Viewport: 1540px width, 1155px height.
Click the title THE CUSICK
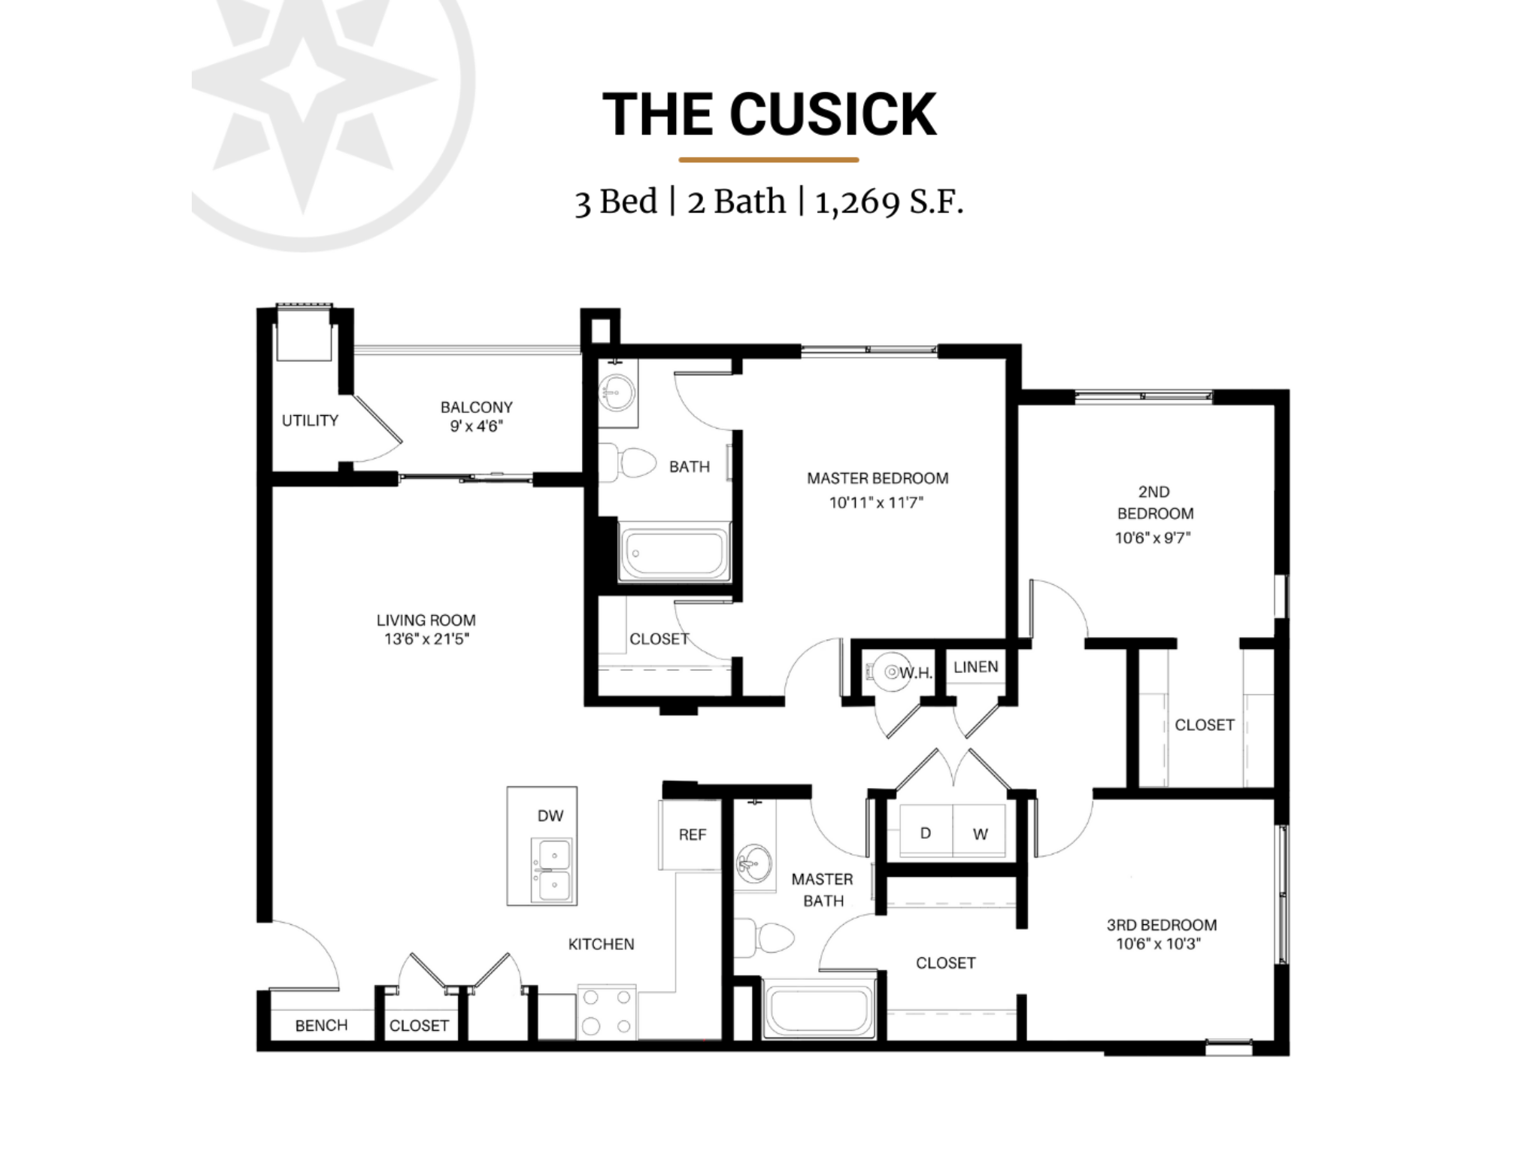[769, 114]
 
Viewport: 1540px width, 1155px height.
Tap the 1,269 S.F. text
[889, 202]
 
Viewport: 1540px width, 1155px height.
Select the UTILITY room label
[310, 420]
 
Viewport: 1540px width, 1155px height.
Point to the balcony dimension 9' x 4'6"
[476, 426]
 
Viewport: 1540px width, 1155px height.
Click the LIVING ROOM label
[426, 620]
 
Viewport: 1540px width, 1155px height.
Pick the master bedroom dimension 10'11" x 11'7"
[876, 502]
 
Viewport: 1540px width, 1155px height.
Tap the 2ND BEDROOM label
[1154, 502]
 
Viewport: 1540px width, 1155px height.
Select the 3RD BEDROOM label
[1161, 925]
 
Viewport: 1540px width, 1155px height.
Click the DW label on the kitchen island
[550, 816]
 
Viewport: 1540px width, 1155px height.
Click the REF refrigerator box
[690, 835]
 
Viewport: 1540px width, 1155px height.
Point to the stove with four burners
[606, 1012]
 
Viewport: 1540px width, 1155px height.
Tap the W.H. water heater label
[915, 673]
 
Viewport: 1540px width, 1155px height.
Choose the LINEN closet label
[975, 667]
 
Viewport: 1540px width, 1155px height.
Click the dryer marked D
[925, 832]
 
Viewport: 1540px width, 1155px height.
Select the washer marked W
[980, 833]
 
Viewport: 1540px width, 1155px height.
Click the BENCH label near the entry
[321, 1026]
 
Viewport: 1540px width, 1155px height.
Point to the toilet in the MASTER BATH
[767, 938]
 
